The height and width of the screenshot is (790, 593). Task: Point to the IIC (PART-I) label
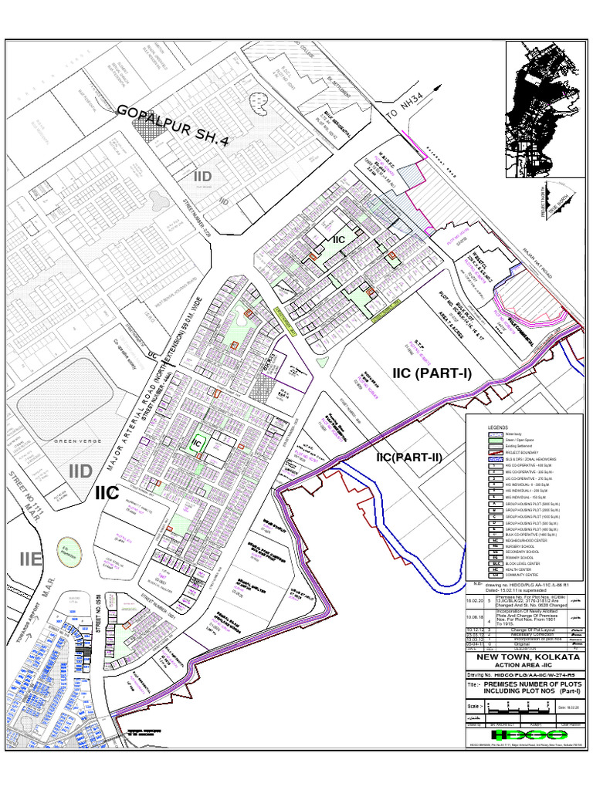coord(432,373)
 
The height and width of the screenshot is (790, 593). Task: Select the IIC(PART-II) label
coord(409,457)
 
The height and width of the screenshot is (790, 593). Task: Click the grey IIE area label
coord(31,559)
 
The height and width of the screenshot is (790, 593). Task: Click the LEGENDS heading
coord(498,427)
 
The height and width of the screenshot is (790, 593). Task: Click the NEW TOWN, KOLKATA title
coord(527,656)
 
